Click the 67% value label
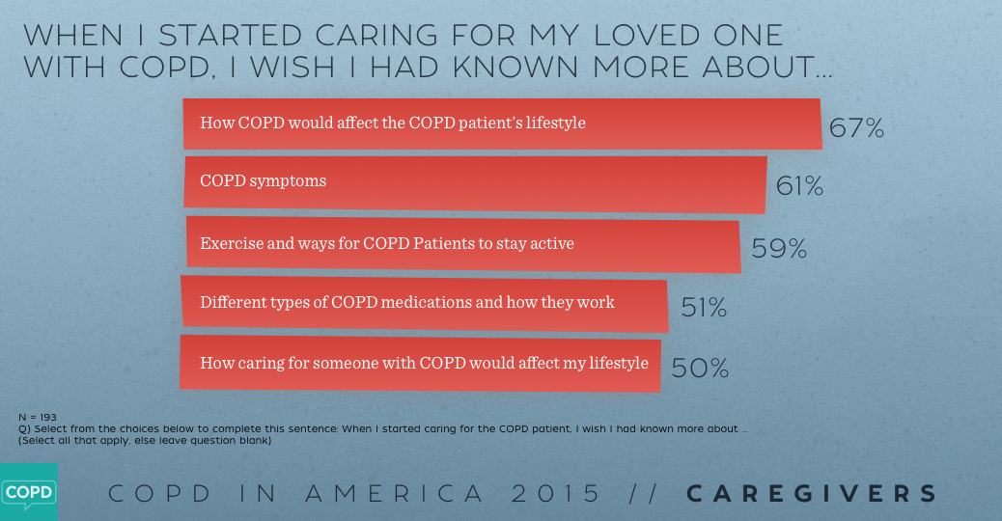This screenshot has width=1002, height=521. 856,128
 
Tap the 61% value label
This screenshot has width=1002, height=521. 799,186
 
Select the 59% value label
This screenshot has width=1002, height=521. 778,249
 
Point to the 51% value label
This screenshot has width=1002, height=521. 704,308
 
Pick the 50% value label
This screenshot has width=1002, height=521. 700,368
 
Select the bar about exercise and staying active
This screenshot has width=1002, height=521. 463,243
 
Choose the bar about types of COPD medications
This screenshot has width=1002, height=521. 425,303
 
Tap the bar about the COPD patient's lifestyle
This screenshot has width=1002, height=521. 502,123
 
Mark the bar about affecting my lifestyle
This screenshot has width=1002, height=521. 421,363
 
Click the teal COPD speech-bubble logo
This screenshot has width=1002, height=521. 28,492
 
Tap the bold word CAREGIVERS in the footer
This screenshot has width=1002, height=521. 812,494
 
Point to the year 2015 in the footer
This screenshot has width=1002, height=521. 557,494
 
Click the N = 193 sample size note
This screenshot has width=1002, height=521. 38,417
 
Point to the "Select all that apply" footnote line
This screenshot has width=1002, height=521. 145,440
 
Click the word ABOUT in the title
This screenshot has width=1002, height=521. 756,68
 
